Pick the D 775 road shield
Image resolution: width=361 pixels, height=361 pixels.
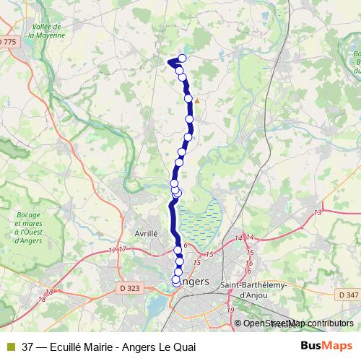(6, 43)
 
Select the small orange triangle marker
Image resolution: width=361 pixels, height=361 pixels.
(196, 101)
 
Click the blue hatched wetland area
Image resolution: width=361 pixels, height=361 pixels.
(199, 221)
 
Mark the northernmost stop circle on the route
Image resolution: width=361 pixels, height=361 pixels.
(182, 58)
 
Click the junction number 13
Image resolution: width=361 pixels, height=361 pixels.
(318, 212)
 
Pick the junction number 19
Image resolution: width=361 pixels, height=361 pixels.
(231, 310)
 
